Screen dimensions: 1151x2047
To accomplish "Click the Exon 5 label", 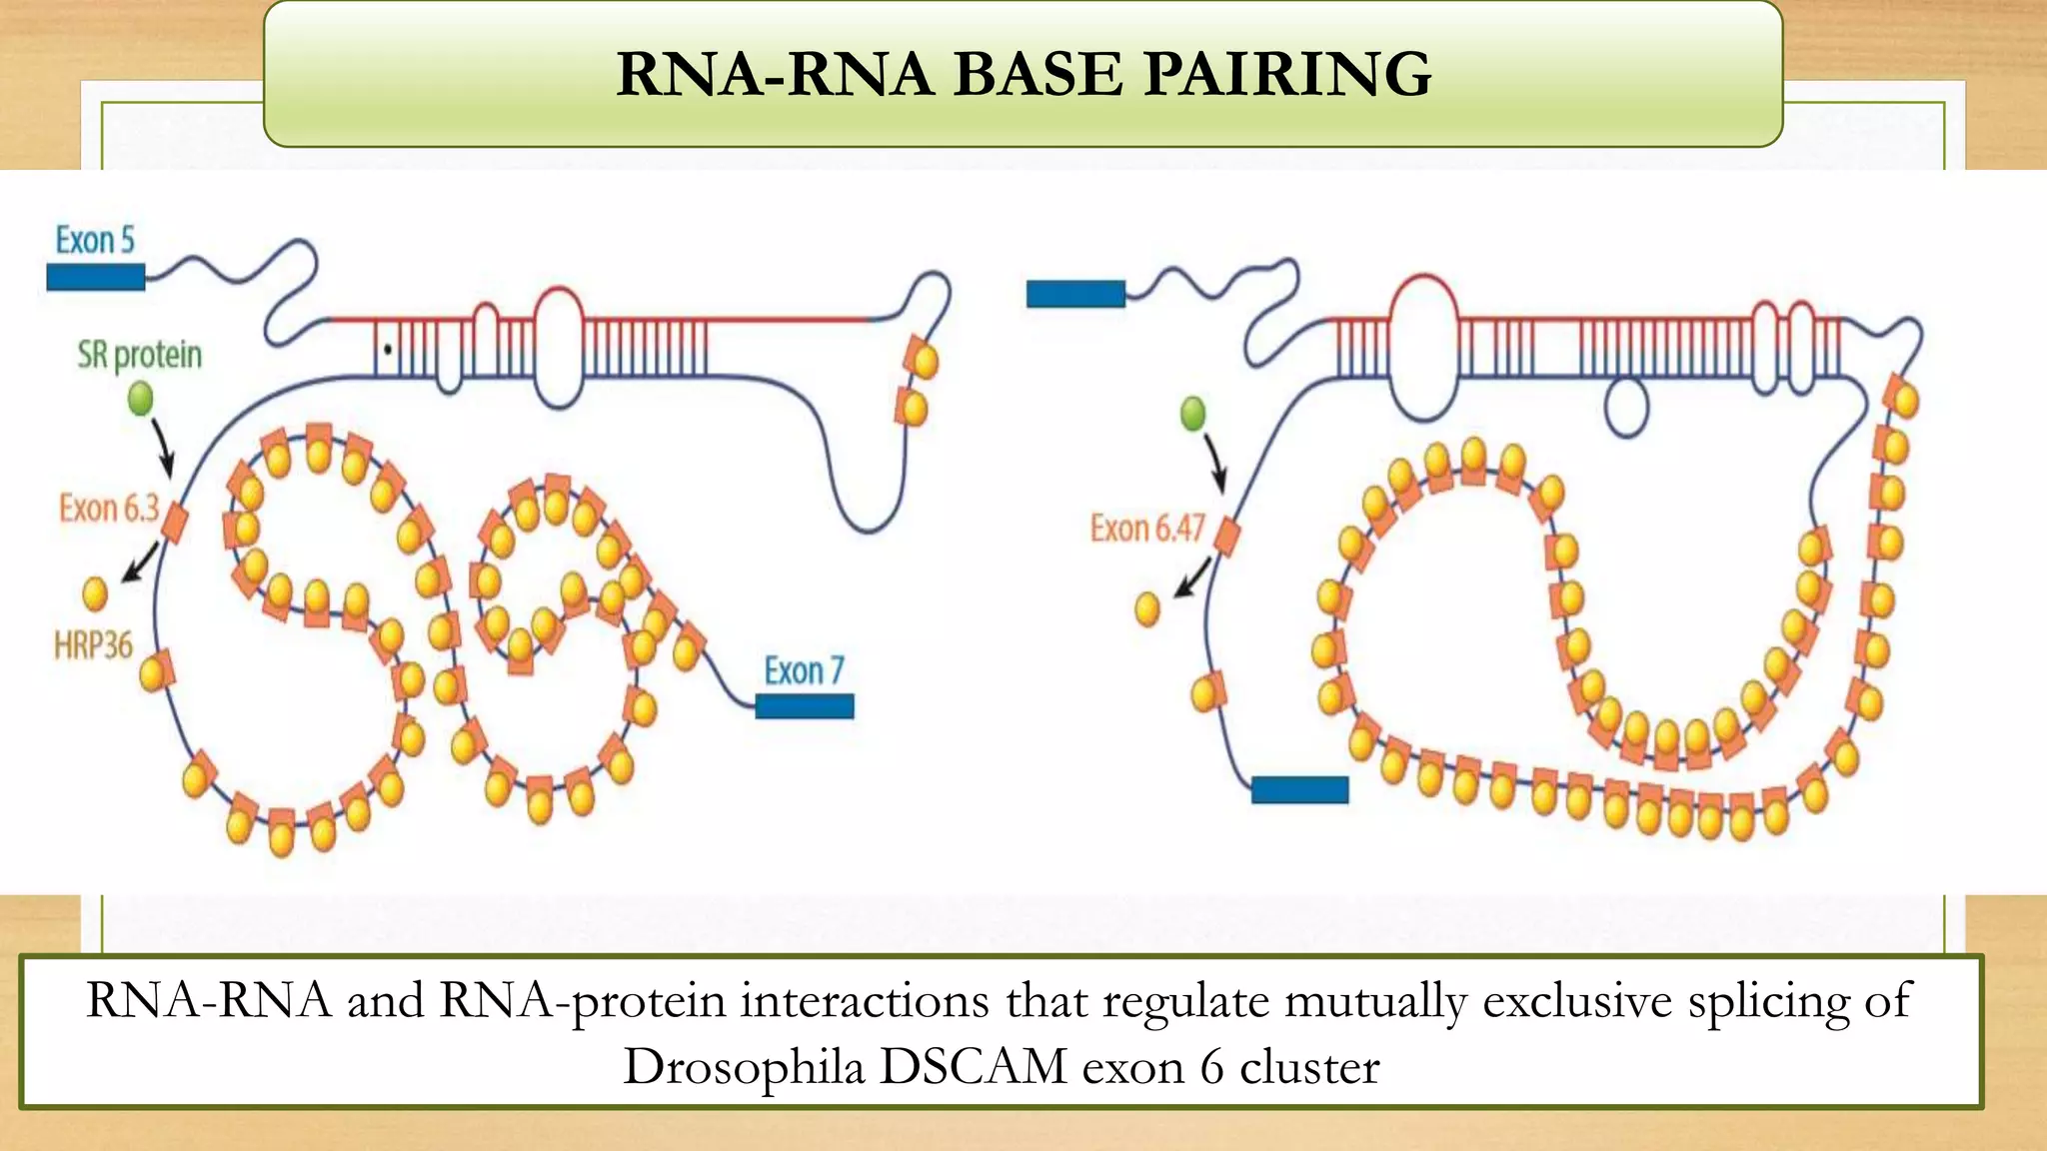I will point(94,241).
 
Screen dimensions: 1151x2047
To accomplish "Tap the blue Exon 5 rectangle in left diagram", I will point(96,277).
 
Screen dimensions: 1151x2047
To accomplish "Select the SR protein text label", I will point(140,355).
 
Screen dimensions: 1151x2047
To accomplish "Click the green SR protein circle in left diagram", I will point(141,400).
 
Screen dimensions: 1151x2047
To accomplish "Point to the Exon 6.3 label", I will point(108,509).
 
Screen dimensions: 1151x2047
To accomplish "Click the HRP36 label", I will point(93,645).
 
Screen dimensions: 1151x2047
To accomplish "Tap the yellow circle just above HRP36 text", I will point(95,593).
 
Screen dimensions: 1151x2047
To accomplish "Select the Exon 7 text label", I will point(804,670).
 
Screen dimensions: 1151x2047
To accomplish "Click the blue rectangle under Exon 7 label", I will point(805,706).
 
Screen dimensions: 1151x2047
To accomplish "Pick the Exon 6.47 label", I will point(1147,528).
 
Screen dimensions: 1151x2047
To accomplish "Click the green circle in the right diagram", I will point(1192,413).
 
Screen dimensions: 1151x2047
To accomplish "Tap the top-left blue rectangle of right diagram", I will point(1075,294).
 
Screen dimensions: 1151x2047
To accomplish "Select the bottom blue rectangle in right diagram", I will point(1299,789).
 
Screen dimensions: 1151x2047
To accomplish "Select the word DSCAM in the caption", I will point(974,1066).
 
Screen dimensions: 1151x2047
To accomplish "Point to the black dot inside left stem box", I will point(388,350).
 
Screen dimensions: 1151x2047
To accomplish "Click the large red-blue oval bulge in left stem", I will point(559,347).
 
